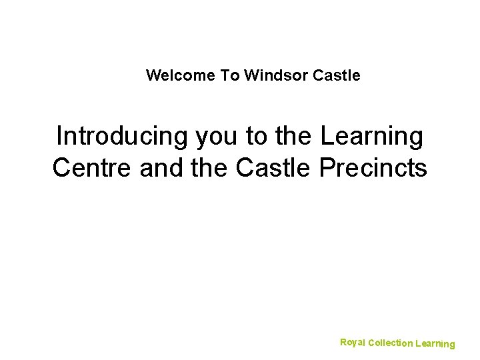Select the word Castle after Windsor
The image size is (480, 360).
(x=336, y=75)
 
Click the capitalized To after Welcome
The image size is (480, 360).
(x=230, y=75)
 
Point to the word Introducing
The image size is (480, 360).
(x=123, y=137)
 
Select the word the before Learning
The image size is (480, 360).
(x=294, y=137)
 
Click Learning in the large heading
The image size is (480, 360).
(x=372, y=137)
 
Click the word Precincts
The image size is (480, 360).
(x=373, y=168)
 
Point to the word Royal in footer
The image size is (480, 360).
(x=352, y=342)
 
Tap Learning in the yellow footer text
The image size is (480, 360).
(x=435, y=344)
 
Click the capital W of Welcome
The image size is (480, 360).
(x=153, y=75)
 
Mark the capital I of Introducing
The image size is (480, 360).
(x=59, y=137)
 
